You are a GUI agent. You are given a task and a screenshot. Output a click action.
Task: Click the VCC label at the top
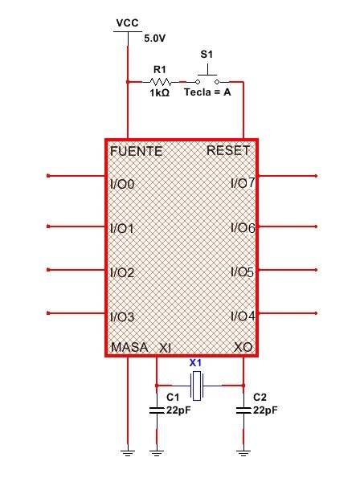tap(128, 22)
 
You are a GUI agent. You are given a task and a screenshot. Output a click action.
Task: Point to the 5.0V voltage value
tap(155, 39)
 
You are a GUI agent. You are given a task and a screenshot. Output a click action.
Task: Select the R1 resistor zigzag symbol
tap(161, 82)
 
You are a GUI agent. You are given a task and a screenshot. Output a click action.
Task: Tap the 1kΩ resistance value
tap(160, 92)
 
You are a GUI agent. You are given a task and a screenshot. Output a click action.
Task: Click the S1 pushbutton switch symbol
tap(207, 76)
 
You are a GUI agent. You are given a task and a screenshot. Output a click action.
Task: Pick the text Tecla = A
tap(207, 92)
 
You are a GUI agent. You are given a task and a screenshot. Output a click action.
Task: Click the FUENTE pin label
tap(136, 151)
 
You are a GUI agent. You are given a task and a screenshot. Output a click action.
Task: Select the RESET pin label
tap(228, 150)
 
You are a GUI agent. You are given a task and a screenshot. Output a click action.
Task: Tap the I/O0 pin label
tap(122, 184)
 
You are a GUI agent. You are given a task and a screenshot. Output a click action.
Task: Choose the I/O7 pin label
tap(243, 183)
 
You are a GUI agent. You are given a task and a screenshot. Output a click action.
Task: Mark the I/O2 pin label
tap(122, 272)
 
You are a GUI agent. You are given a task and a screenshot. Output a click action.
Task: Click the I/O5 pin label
tap(243, 272)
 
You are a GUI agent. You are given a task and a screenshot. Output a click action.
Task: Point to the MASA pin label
tap(129, 347)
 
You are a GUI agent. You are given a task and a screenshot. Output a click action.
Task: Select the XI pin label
tap(165, 348)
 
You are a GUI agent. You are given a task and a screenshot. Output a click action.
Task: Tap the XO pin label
tap(243, 347)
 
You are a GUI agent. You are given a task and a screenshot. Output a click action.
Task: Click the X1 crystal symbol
tap(197, 386)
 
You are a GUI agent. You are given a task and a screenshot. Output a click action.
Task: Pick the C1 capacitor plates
tap(157, 410)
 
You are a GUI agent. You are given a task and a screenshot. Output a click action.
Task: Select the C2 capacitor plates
tap(243, 410)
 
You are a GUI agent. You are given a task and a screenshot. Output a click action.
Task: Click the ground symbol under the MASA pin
tap(128, 453)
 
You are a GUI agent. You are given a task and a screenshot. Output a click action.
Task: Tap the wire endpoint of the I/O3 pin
tap(48, 313)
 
